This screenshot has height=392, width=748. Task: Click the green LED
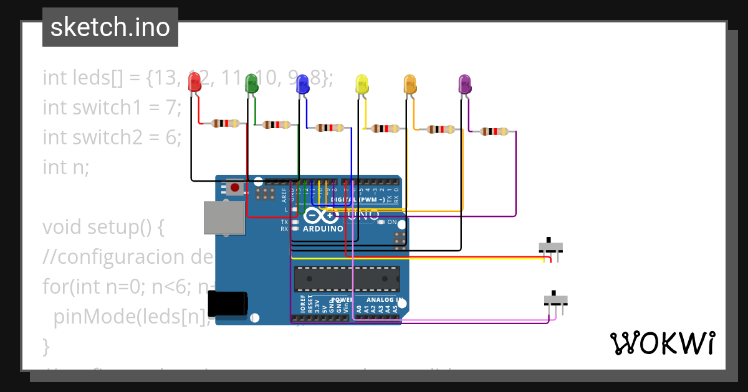click(251, 83)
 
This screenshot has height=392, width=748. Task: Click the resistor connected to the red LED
click(225, 123)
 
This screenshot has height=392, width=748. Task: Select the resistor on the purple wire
click(494, 131)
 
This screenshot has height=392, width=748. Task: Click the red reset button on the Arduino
click(234, 187)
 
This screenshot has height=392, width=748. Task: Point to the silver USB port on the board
click(224, 217)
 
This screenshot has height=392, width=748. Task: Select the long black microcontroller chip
click(347, 279)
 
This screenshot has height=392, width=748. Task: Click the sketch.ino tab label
click(110, 27)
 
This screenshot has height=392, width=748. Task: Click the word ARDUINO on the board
click(322, 228)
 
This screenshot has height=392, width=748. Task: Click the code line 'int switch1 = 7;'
click(112, 108)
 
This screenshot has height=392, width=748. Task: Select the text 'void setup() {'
click(103, 227)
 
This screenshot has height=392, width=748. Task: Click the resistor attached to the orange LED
click(440, 129)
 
